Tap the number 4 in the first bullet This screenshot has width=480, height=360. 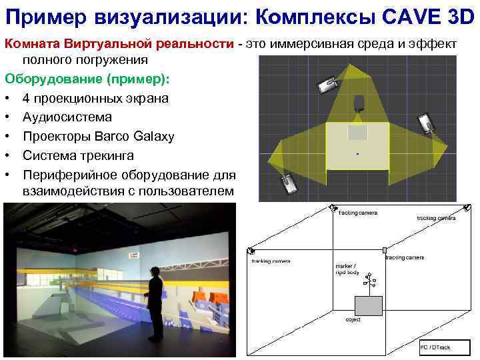pyautogui.click(x=26, y=98)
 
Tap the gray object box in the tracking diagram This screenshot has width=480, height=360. pyautogui.click(x=368, y=305)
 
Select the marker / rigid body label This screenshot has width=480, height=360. pyautogui.click(x=348, y=269)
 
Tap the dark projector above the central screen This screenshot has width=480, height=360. pyautogui.click(x=359, y=103)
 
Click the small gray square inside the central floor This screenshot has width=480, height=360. pyautogui.click(x=358, y=132)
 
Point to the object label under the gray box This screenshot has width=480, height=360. pyautogui.click(x=353, y=320)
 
